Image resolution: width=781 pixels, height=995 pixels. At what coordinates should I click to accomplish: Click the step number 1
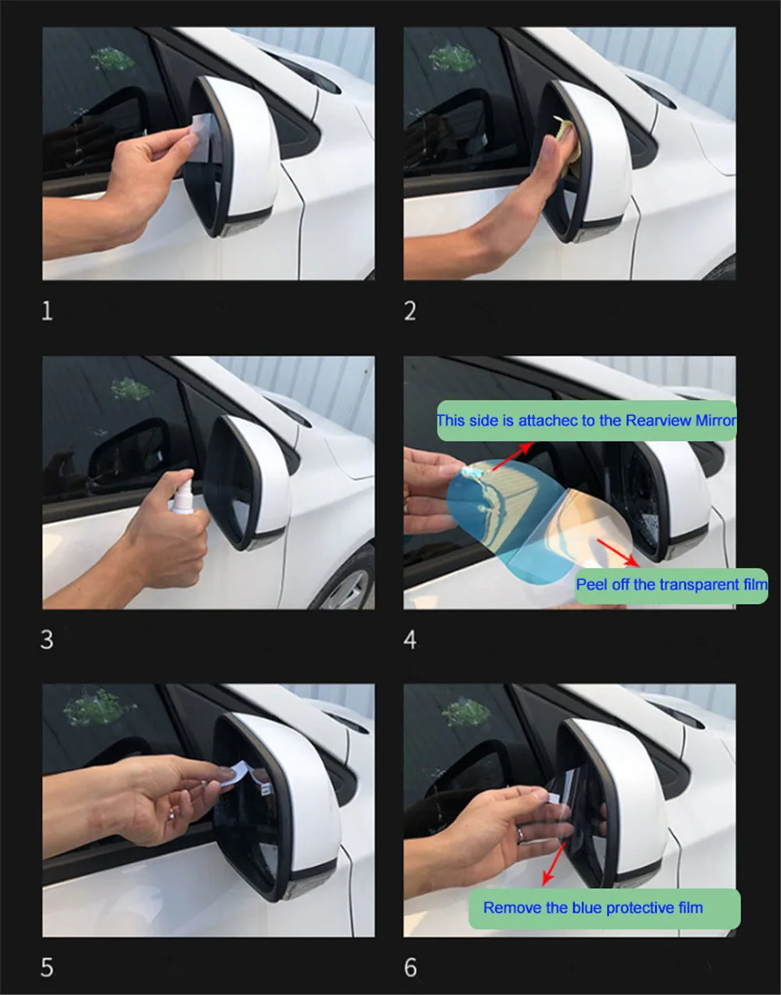coord(47,311)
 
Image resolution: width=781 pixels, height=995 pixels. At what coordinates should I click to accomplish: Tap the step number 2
coord(410,311)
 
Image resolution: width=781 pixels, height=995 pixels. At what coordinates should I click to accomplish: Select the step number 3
coord(47,639)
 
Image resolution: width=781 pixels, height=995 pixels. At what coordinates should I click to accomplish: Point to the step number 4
coord(410,639)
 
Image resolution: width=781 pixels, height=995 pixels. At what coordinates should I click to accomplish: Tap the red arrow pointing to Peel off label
coord(619,553)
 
